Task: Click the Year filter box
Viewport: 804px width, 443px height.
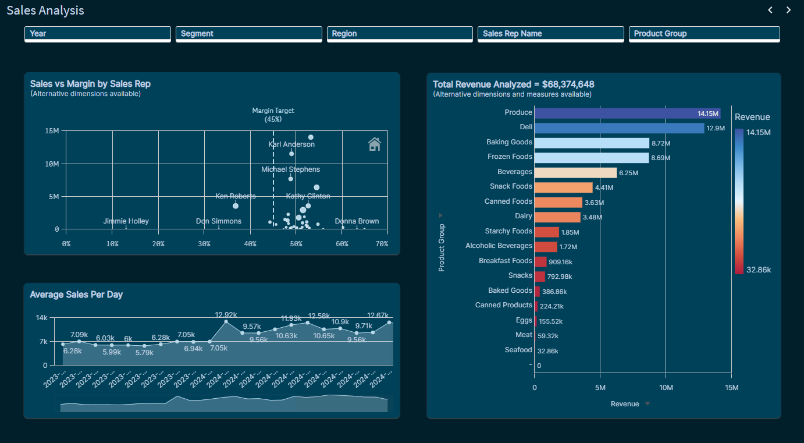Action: (97, 34)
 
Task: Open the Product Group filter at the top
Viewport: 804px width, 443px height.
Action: (704, 34)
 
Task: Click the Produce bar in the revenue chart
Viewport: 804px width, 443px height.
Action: (627, 113)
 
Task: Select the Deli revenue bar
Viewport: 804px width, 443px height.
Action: (619, 127)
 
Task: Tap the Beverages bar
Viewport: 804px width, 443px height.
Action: (575, 172)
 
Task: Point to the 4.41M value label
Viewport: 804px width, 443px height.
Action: (604, 187)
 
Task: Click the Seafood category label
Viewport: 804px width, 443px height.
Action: (518, 350)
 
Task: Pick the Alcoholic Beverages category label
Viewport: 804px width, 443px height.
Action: (499, 246)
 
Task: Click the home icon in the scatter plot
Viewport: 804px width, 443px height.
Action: (375, 144)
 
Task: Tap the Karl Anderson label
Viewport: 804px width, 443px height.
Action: (291, 144)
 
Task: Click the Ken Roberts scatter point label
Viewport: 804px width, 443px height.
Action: (235, 196)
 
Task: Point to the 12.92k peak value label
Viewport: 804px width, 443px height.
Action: (226, 315)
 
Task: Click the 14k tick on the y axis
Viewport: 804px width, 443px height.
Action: (41, 318)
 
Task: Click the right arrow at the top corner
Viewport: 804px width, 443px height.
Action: (788, 10)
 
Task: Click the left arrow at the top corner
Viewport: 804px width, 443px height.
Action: (770, 10)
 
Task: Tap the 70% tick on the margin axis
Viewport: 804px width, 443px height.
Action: (382, 244)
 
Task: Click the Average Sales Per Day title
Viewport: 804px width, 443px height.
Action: (76, 295)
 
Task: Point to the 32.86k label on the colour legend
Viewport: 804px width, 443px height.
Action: (759, 270)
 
